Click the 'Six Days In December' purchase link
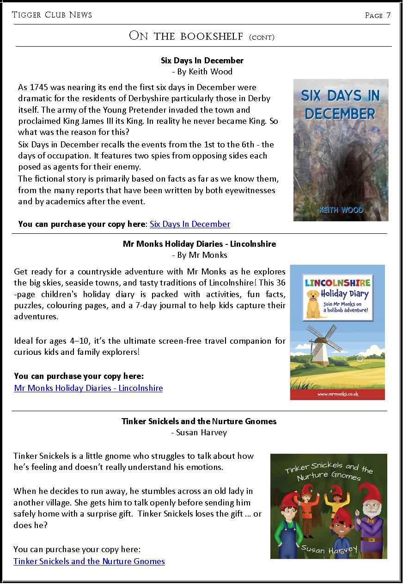189,224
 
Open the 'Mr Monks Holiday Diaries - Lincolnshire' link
88,388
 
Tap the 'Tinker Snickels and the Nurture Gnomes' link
89,561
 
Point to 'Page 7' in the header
378,15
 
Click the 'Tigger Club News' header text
52,15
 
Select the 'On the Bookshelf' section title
201,36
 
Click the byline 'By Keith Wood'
202,72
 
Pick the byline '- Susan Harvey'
199,432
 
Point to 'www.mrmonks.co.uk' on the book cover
338,394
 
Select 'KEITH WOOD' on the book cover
342,210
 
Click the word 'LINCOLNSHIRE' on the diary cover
337,282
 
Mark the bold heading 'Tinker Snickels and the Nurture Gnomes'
199,421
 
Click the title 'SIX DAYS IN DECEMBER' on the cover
340,104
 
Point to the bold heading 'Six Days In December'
202,61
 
